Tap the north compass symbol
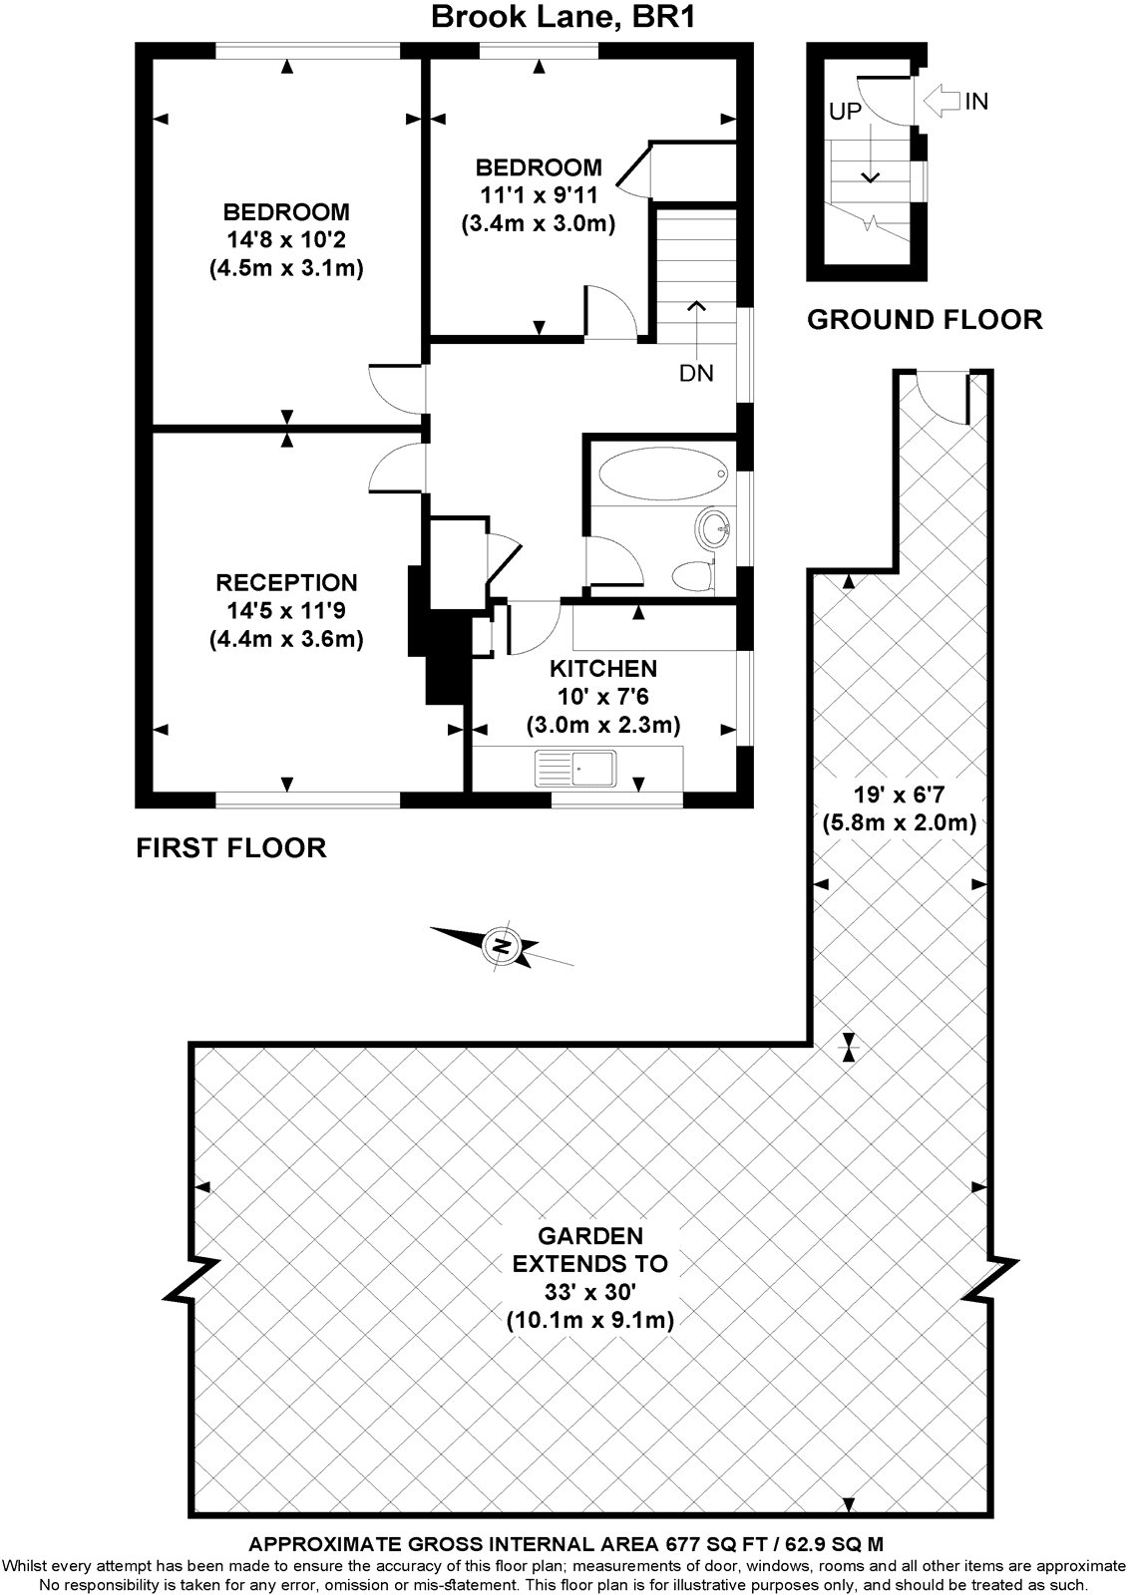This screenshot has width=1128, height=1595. (x=502, y=945)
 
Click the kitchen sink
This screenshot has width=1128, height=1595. (x=577, y=768)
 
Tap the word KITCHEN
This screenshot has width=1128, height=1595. (x=603, y=669)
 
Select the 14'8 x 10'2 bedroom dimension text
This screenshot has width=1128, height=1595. (x=286, y=240)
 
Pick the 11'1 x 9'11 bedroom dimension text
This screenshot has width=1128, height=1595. (x=538, y=195)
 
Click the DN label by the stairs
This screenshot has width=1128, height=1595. (x=696, y=374)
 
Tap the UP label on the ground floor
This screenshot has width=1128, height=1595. (x=844, y=112)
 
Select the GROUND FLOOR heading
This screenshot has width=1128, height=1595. (x=925, y=320)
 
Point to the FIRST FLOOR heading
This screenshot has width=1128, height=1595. (x=231, y=848)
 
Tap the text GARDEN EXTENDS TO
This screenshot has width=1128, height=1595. (x=590, y=1250)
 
